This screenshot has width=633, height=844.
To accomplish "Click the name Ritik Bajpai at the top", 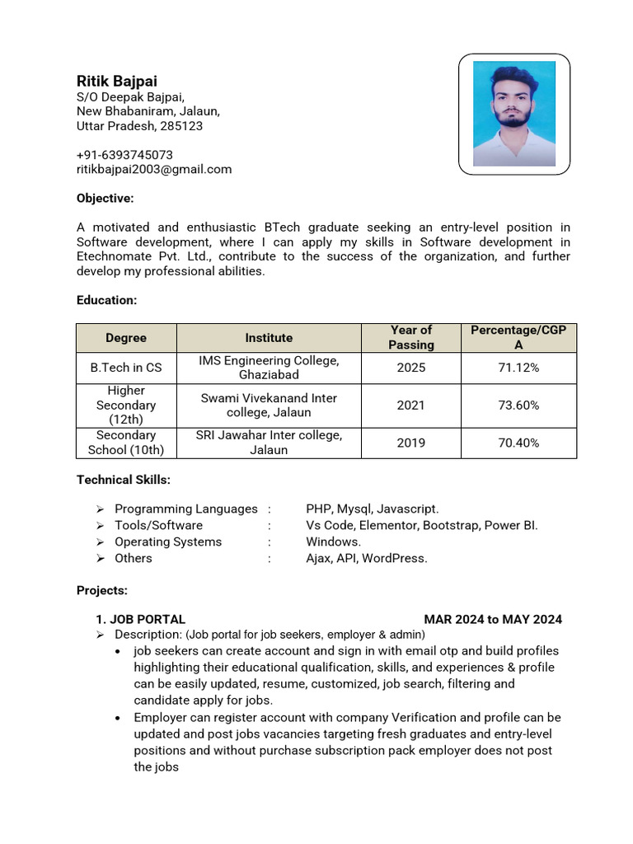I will [x=116, y=81].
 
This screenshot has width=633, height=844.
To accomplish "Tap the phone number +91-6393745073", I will [x=124, y=155].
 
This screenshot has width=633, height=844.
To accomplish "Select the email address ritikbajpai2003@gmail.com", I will [x=154, y=170].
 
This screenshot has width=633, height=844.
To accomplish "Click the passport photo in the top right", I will [x=514, y=114].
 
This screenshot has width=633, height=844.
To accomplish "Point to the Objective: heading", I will [x=105, y=199].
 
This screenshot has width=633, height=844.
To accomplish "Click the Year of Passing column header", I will [x=411, y=338].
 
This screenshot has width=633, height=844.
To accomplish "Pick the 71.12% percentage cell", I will [x=518, y=368].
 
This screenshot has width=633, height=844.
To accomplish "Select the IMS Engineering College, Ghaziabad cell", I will [x=269, y=368].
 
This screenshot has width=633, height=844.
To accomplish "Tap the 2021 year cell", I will [x=411, y=406].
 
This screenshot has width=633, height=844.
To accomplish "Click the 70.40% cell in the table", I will [x=518, y=443].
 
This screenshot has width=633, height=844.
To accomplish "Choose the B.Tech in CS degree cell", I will [x=126, y=368].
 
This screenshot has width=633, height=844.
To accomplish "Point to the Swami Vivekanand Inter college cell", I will [x=269, y=406].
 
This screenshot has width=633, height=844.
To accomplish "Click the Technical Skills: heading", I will [x=124, y=480].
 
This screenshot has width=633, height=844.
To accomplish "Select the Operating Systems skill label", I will [x=168, y=542].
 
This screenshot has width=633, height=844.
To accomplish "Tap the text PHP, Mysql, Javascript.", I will [x=373, y=509].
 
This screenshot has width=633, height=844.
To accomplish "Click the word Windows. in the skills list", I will [x=334, y=542].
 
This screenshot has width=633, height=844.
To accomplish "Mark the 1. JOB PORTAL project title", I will [x=141, y=620].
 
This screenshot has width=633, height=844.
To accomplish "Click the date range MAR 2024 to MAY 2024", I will [x=493, y=620].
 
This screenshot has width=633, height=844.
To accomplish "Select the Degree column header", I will [x=126, y=338].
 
